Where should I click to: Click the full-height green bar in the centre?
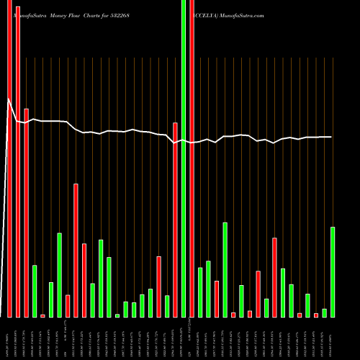coord(184,158)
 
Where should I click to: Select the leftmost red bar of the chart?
coord(9,158)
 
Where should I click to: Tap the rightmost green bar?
coord(333,272)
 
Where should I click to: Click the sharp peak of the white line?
coord(9,100)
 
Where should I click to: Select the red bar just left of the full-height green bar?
coord(175,220)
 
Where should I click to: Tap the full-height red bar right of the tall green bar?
coord(192,158)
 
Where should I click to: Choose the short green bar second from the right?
coord(325,312)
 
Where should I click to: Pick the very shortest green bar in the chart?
coord(117,315)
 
